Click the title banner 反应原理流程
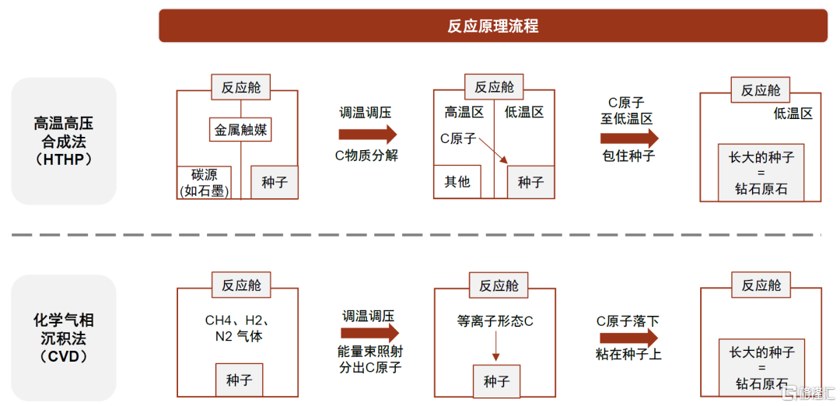click(493, 26)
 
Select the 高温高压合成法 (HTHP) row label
click(64, 142)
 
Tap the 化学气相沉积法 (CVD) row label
click(64, 338)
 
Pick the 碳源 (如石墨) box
click(204, 183)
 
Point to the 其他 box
click(457, 181)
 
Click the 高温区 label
click(464, 112)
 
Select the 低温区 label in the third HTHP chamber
click(793, 113)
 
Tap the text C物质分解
click(367, 156)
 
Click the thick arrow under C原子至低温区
click(629, 138)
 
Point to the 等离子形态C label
click(495, 321)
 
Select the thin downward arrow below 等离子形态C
click(495, 348)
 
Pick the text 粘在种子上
click(628, 354)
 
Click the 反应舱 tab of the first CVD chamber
click(241, 285)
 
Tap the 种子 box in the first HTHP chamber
click(275, 182)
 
